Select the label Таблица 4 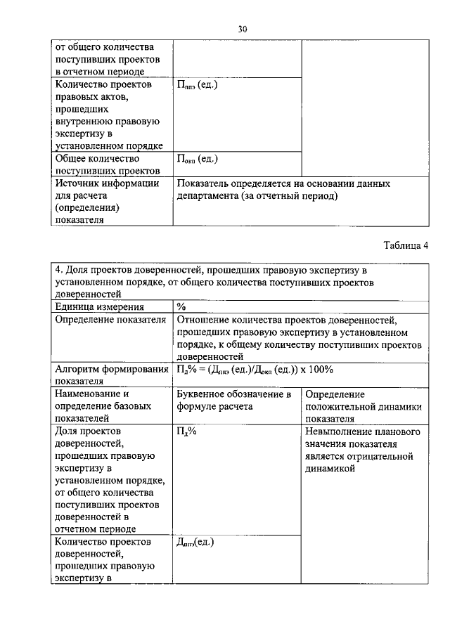405,245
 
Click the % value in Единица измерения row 181,306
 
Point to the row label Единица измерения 99,306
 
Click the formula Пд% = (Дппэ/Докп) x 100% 255,370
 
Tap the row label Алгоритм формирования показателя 111,375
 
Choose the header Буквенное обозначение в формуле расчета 234,401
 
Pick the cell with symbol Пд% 187,432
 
